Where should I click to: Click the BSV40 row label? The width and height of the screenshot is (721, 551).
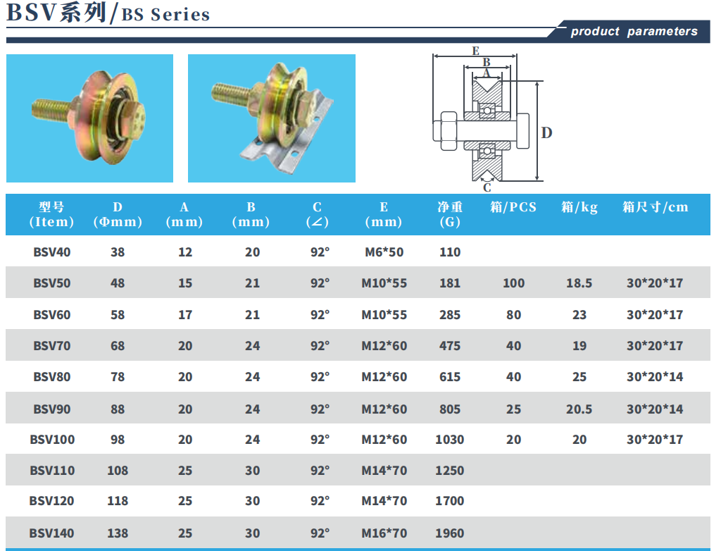(52, 252)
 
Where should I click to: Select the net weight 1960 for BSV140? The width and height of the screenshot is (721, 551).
(450, 533)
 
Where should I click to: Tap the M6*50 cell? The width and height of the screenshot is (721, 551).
(384, 252)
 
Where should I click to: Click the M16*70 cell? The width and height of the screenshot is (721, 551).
(384, 533)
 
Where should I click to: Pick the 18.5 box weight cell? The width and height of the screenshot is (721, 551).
(579, 283)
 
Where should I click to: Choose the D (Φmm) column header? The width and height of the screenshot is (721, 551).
(118, 214)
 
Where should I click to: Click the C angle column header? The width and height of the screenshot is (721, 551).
(318, 214)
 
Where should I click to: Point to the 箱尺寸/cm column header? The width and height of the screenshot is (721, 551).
(656, 207)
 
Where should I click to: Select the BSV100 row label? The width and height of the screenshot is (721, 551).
(52, 440)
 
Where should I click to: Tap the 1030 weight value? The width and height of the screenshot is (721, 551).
(450, 440)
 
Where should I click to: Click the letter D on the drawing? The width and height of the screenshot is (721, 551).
(546, 133)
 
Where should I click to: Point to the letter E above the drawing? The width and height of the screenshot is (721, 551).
(475, 51)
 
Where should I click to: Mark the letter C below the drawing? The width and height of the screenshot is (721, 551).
(487, 188)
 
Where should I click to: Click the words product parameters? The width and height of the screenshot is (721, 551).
(634, 31)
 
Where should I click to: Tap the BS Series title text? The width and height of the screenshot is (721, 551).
(166, 15)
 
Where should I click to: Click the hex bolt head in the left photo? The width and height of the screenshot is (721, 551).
(134, 120)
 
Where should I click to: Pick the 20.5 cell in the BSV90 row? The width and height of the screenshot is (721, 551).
(579, 409)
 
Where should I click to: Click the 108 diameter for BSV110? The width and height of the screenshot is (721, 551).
(118, 471)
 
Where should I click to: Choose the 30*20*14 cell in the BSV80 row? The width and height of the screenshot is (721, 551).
(655, 377)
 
